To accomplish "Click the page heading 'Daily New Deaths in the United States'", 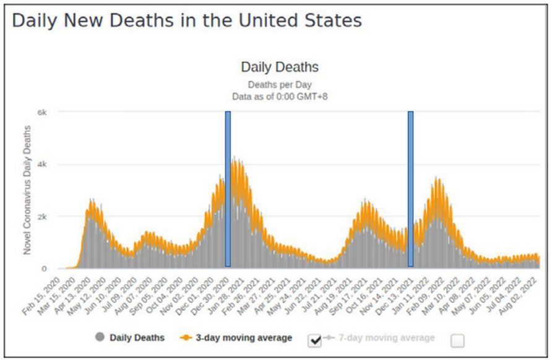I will (x=187, y=20).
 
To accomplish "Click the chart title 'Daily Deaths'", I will (x=279, y=67).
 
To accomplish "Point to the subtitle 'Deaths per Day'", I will (x=279, y=84).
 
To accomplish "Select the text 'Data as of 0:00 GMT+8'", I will (x=279, y=96).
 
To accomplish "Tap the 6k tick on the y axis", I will (x=43, y=112).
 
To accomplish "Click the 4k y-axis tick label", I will (x=43, y=165).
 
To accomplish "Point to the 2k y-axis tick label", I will (x=43, y=216).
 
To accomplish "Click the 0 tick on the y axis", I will (x=45, y=268).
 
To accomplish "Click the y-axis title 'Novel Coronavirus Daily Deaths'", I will (x=27, y=189).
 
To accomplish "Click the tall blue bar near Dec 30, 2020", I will (x=228, y=189).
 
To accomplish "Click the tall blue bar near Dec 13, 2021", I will (x=410, y=189).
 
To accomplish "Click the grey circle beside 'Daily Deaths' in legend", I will (x=99, y=338).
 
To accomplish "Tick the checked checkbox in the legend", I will (x=314, y=340).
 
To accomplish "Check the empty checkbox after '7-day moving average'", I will (x=457, y=340).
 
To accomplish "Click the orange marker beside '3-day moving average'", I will (x=186, y=338).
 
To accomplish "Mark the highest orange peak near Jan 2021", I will (x=234, y=158).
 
